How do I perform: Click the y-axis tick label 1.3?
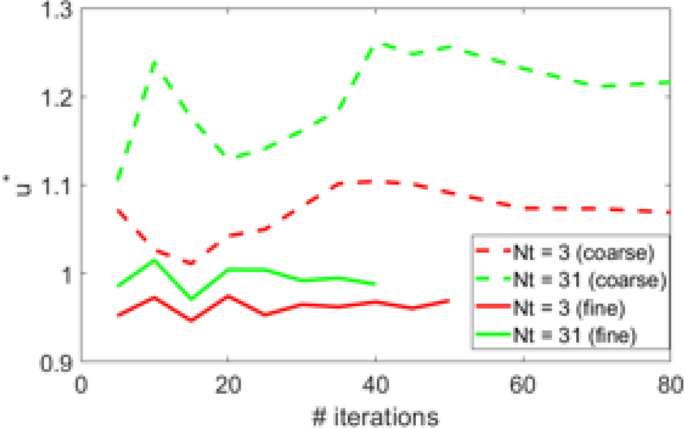point(57,11)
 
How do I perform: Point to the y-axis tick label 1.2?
point(57,98)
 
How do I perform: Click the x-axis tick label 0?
point(83,382)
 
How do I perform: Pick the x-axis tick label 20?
point(228,382)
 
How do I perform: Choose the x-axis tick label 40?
point(375,382)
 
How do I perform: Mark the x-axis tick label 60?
point(522,382)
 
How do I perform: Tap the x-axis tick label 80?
point(668,382)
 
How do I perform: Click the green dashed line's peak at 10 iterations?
point(156,62)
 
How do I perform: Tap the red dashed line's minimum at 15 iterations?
point(192,264)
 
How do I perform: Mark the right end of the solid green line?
point(375,284)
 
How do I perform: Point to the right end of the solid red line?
point(449,300)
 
